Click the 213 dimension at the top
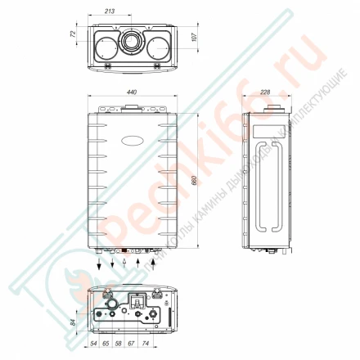pyautogui.click(x=122, y=12)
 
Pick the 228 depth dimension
pyautogui.click(x=264, y=93)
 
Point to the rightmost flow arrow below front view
pyautogui.click(x=154, y=265)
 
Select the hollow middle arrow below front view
pyautogui.click(x=124, y=265)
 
